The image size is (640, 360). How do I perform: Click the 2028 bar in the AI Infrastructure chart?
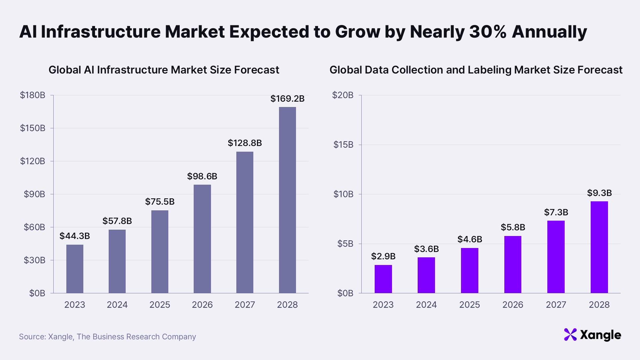[x=287, y=200]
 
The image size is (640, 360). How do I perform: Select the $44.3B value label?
[x=75, y=236]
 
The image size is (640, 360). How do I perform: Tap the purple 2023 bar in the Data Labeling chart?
[x=383, y=279]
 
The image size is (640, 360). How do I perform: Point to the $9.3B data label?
[x=599, y=193]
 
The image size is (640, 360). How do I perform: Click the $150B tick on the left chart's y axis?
[x=33, y=128]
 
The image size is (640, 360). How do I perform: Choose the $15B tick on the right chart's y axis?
[x=343, y=145]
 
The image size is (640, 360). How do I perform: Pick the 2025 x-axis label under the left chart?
[x=160, y=305]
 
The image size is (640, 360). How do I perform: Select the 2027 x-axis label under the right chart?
[x=556, y=305]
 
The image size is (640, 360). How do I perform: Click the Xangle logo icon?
[x=570, y=335]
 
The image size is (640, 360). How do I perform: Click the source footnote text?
[x=107, y=337]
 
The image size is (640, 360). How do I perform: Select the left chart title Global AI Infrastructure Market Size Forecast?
[x=164, y=70]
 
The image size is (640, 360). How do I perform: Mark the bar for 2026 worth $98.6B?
[x=202, y=239]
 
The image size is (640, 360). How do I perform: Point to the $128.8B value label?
[x=245, y=143]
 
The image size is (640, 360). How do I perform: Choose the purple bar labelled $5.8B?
[x=513, y=264]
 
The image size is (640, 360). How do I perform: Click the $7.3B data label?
[x=556, y=212]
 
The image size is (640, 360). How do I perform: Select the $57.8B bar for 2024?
[x=117, y=261]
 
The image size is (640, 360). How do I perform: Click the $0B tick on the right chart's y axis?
[x=345, y=293]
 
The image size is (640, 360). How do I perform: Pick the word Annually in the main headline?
[x=549, y=32]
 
